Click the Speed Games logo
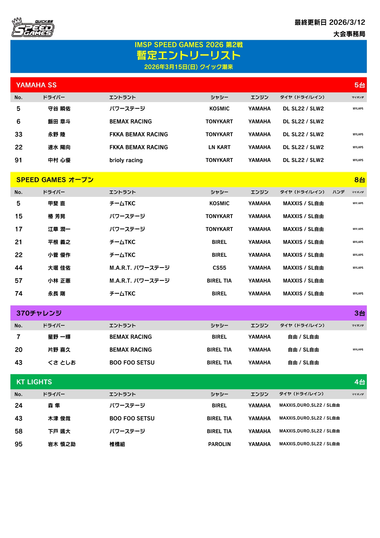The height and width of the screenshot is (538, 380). pos(33,28)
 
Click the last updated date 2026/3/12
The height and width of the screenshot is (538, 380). pos(347,22)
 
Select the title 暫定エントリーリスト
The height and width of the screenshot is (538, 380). pos(188,56)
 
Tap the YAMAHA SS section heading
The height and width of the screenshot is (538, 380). pos(36,85)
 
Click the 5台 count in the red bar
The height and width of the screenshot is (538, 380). pos(359,85)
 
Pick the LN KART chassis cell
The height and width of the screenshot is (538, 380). pos(219,147)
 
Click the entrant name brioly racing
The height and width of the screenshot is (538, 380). pos(126,160)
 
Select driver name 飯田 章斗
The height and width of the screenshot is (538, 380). pos(59,121)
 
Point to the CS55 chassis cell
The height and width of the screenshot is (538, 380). pos(219,268)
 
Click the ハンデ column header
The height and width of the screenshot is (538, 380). pos(339,192)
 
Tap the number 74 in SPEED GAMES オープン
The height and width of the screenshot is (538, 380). pos(19,294)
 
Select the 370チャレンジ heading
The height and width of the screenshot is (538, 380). pos(39,313)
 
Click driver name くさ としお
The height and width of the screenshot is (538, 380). pos(62,363)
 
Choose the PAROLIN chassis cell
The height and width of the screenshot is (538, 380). pos(219,444)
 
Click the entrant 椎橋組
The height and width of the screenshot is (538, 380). pos(117,444)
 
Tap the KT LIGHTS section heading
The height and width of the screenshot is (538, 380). pos(34,382)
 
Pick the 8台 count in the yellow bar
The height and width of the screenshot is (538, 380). pos(359,180)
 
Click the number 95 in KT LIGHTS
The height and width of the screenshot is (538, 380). pos(19,444)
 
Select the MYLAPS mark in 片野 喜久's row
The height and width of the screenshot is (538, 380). pos(358,350)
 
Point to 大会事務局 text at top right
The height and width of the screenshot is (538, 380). pos(349,34)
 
